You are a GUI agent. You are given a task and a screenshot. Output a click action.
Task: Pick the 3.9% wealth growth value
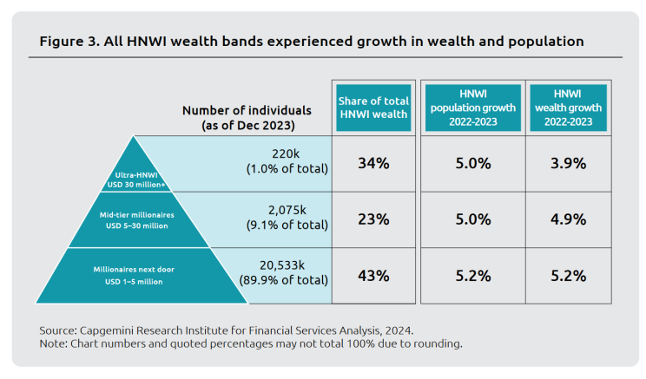pos(569,163)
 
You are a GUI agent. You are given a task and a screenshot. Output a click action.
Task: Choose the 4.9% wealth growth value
pos(569,219)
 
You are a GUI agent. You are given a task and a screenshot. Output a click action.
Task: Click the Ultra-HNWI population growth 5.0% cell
pos(472,163)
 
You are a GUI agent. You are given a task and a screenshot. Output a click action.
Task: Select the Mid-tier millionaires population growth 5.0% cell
pos(472,219)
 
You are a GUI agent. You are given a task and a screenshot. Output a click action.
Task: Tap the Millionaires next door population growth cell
pos(472,276)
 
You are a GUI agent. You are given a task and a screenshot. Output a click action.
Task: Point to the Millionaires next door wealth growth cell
pos(569,276)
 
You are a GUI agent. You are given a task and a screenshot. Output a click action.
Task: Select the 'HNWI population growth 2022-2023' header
pos(472,108)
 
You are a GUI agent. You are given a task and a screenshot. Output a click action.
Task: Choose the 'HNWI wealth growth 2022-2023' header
pos(569,108)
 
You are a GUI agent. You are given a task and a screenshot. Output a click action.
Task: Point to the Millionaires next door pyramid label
pos(135,275)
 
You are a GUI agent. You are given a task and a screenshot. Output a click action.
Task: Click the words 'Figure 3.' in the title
pos(69,41)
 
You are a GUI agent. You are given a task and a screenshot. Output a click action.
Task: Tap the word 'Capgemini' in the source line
pos(115,330)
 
